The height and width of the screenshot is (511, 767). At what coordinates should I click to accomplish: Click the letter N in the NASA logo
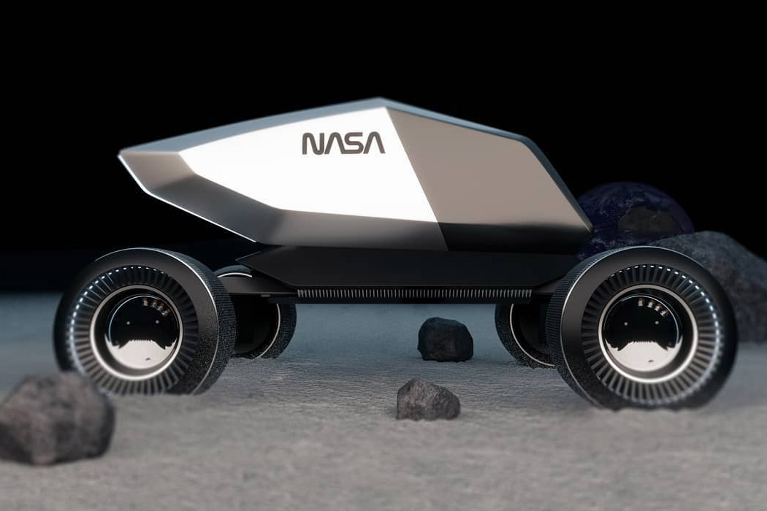point(313,143)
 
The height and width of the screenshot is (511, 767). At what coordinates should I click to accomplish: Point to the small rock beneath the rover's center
point(445,339)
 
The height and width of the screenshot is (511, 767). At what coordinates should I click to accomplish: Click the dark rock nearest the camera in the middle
point(427,400)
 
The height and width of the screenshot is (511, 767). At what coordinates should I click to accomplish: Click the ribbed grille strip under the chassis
point(413,294)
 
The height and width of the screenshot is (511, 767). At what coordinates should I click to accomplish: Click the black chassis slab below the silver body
point(402,266)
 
